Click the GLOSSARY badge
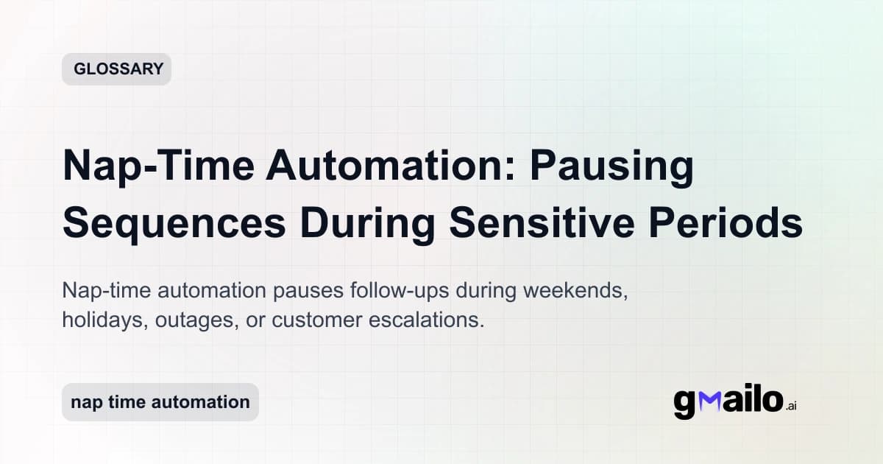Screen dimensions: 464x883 pyautogui.click(x=116, y=69)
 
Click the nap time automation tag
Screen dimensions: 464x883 pyautogui.click(x=160, y=402)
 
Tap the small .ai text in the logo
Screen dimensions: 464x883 pyautogui.click(x=791, y=406)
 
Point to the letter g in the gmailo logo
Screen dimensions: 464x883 pyautogui.click(x=684, y=404)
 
